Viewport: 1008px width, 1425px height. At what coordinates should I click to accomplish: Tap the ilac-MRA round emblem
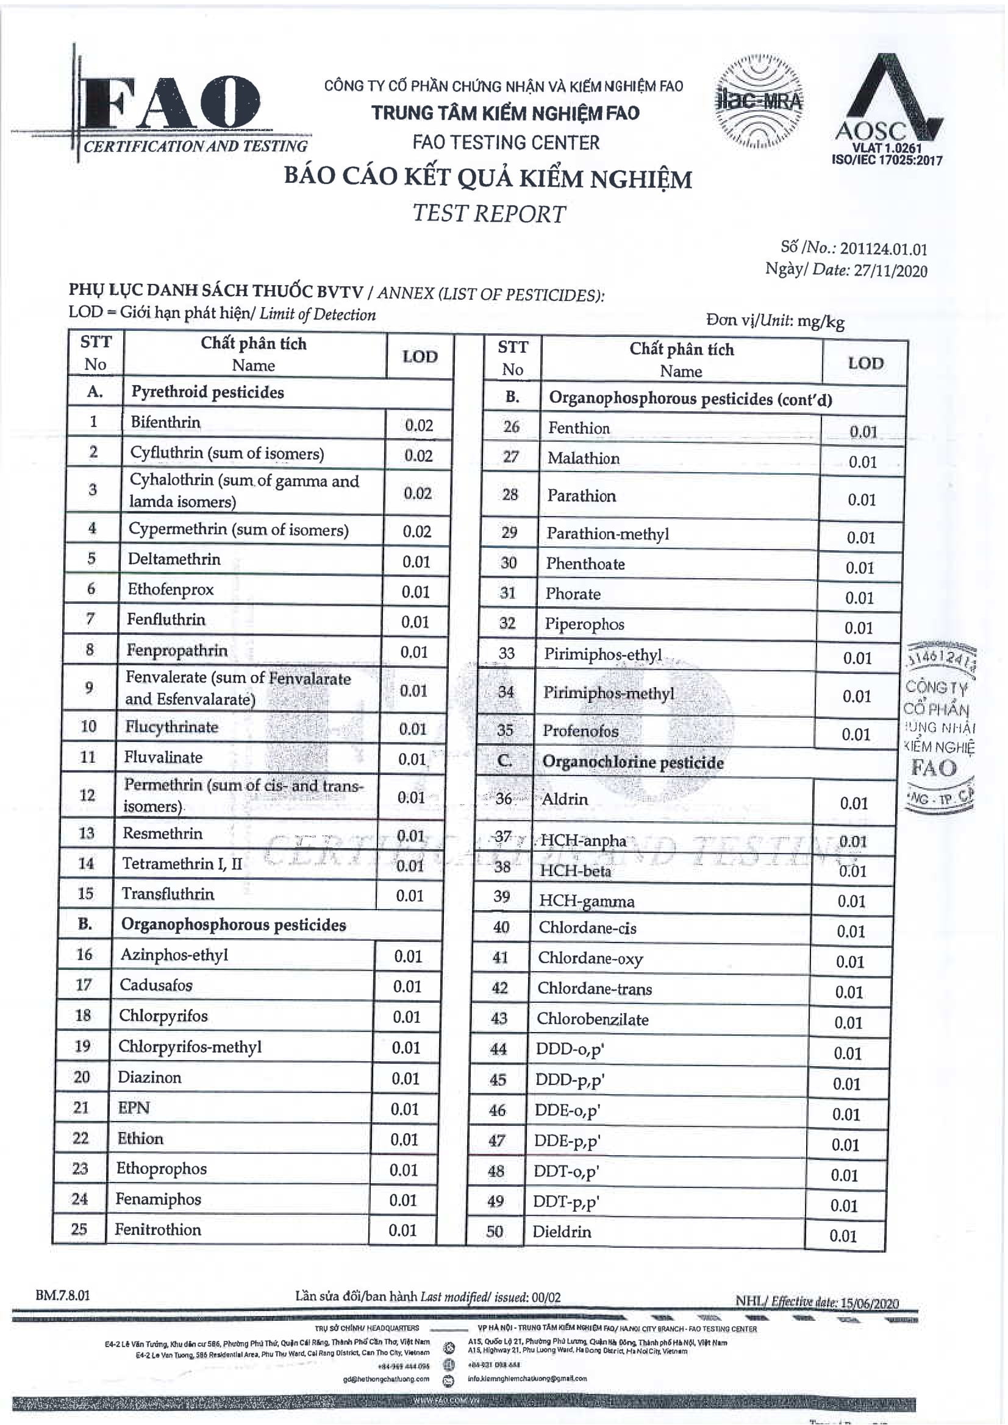(759, 102)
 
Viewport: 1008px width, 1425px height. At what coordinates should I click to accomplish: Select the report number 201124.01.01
(884, 249)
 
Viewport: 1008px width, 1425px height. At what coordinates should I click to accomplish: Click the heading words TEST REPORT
(490, 213)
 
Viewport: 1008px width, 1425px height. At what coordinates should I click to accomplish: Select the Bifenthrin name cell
(166, 423)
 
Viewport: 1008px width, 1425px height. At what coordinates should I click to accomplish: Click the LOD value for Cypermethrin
(416, 531)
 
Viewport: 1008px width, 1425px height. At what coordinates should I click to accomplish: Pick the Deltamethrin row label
(174, 559)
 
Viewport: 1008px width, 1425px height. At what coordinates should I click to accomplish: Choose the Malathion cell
(583, 458)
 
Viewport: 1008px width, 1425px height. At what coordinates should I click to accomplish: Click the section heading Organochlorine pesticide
(633, 762)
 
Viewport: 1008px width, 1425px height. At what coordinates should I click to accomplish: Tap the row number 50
(495, 1231)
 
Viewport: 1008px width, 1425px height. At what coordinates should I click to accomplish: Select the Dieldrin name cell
(562, 1231)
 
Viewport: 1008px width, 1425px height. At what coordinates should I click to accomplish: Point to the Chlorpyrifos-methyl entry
(190, 1047)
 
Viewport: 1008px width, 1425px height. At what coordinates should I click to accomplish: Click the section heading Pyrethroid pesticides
(207, 392)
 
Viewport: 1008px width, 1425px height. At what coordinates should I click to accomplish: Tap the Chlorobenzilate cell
(593, 1019)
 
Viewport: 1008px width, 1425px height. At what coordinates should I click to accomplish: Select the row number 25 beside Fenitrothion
(79, 1229)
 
